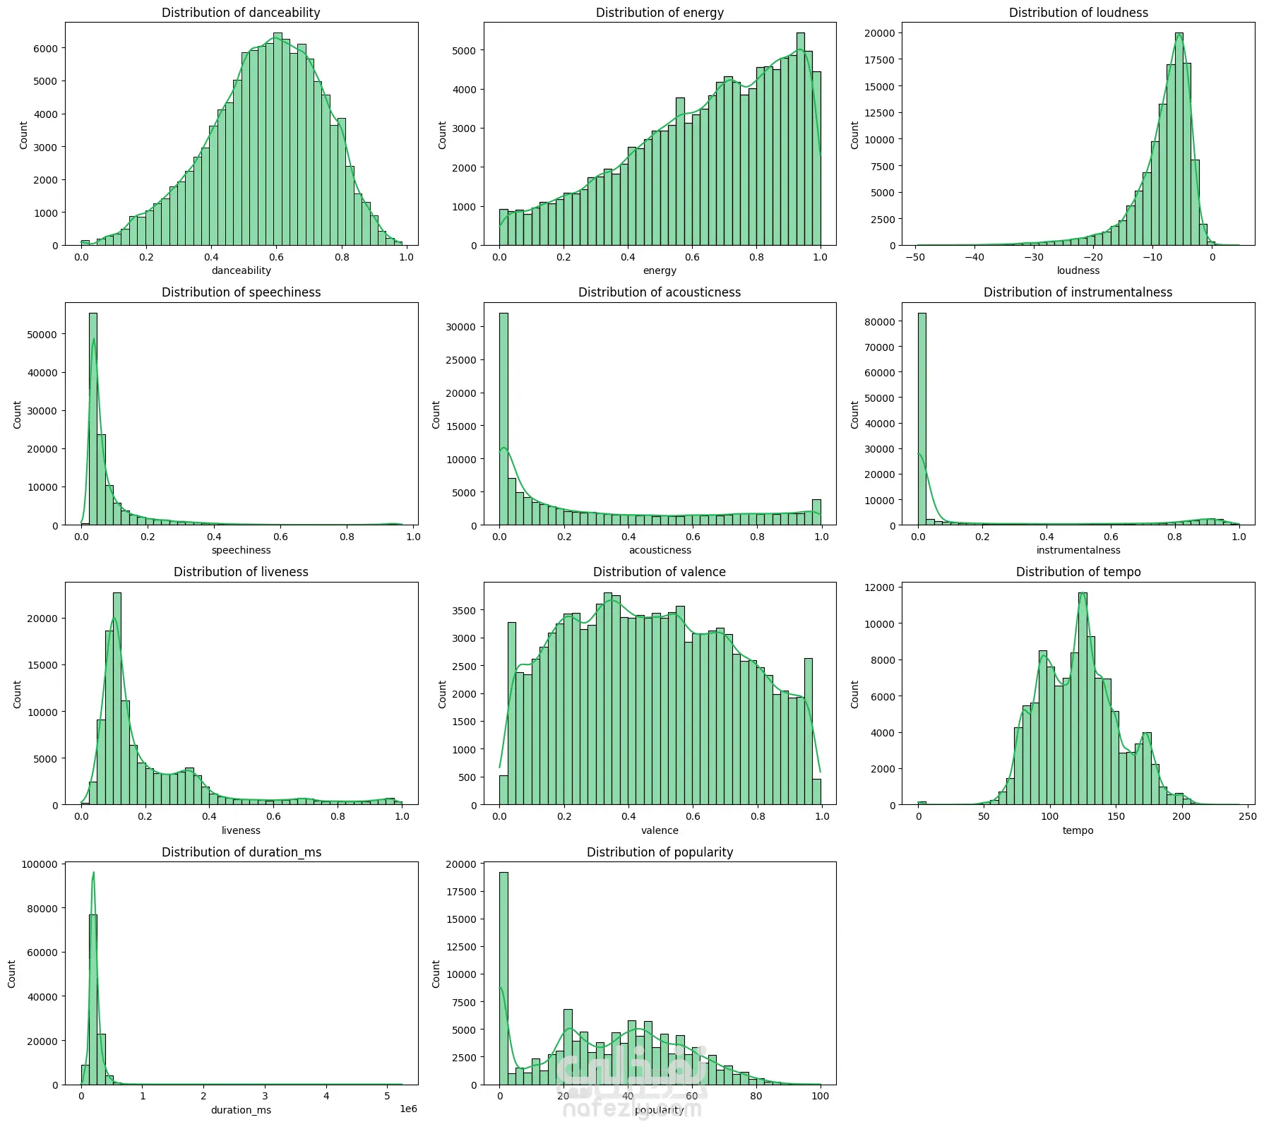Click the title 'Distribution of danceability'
pyautogui.click(x=241, y=13)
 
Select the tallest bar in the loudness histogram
pyautogui.click(x=1179, y=141)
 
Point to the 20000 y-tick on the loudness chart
pyautogui.click(x=880, y=33)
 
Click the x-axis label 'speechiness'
pyautogui.click(x=241, y=550)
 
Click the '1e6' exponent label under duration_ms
pyautogui.click(x=407, y=1109)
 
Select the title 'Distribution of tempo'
pyautogui.click(x=1078, y=572)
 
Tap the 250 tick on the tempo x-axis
pyautogui.click(x=1248, y=816)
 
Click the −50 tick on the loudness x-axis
pyautogui.click(x=916, y=257)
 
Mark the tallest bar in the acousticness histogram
pyautogui.click(x=503, y=417)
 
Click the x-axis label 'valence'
pyautogui.click(x=660, y=830)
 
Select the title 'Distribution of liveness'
pyautogui.click(x=241, y=572)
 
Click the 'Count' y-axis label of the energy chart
pyautogui.click(x=442, y=135)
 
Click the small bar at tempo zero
pyautogui.click(x=922, y=804)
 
